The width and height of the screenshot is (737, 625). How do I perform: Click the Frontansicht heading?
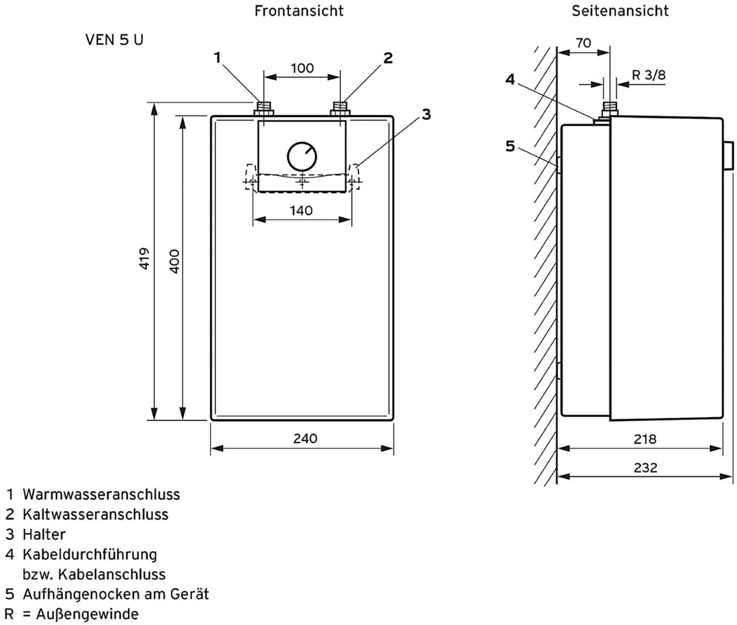299,11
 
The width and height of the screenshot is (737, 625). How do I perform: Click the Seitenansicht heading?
620,11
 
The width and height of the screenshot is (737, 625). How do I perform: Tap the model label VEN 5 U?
114,40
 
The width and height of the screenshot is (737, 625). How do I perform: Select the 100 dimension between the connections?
302,68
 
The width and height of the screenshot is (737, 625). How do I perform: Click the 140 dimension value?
301,211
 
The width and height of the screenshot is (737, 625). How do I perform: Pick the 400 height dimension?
174,261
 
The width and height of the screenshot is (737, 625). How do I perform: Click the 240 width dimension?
305,439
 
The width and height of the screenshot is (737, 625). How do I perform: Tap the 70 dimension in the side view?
583,43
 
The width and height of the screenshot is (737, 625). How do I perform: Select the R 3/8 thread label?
649,75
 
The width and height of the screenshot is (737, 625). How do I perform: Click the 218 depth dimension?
645,439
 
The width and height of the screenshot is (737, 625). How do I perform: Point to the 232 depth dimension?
645,468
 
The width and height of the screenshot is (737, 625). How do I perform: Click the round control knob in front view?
302,157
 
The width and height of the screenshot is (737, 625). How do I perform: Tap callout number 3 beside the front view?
426,114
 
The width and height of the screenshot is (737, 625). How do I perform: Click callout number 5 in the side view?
510,146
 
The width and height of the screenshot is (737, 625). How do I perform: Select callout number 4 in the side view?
510,80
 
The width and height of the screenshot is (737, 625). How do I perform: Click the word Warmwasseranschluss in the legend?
101,495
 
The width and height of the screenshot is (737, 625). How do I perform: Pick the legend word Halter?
44,534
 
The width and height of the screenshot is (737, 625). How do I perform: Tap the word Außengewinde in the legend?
87,614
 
